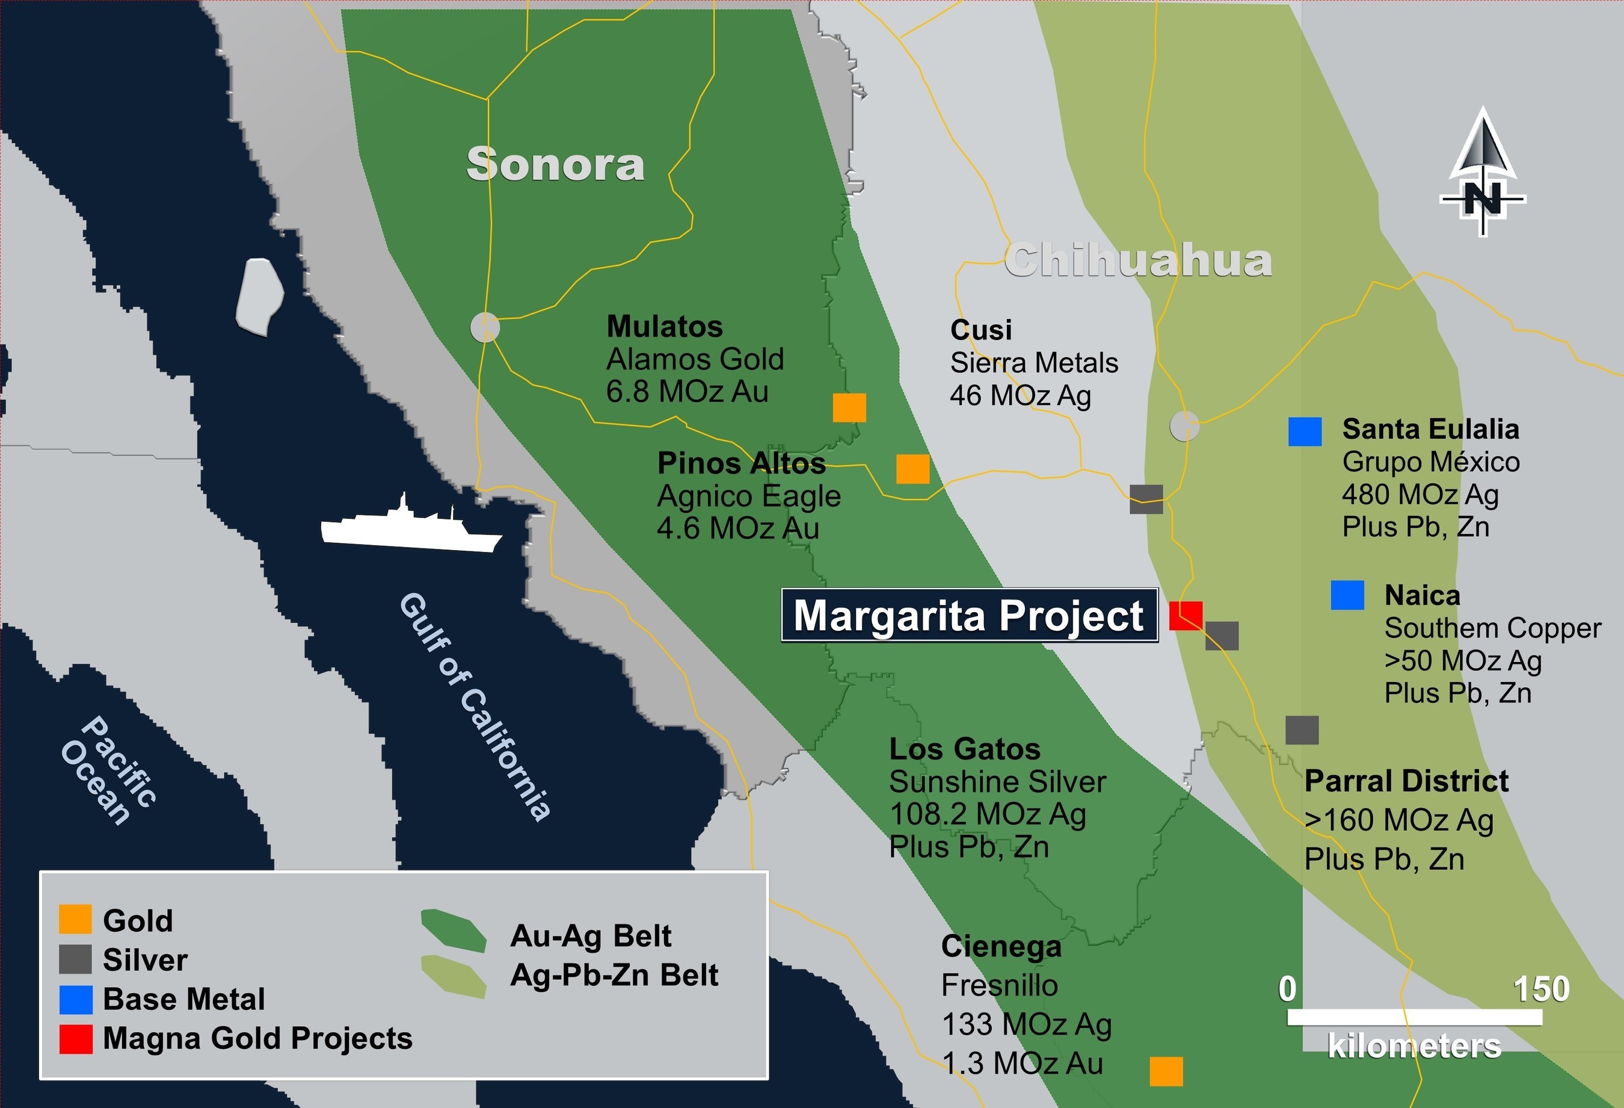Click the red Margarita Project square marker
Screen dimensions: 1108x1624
[x=1186, y=615]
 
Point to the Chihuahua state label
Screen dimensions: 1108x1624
[x=1137, y=261]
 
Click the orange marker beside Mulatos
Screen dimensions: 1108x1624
[x=849, y=407]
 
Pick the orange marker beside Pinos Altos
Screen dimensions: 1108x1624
[x=912, y=469]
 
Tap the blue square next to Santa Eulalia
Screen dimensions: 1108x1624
[x=1305, y=432]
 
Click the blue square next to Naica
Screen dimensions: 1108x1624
[x=1347, y=595]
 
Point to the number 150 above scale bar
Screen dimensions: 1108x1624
[x=1542, y=989]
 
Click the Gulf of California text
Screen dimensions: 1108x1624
[x=475, y=706]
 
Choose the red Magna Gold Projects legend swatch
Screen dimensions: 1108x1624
[x=75, y=1039]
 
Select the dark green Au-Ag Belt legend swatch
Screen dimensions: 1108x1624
[x=454, y=930]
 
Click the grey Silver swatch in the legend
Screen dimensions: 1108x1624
[x=75, y=960]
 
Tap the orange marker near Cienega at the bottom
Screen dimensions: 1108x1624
[x=1166, y=1071]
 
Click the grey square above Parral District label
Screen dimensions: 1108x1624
[x=1302, y=730]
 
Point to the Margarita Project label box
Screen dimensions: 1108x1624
[x=968, y=615]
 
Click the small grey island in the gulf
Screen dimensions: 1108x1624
[x=259, y=296]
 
